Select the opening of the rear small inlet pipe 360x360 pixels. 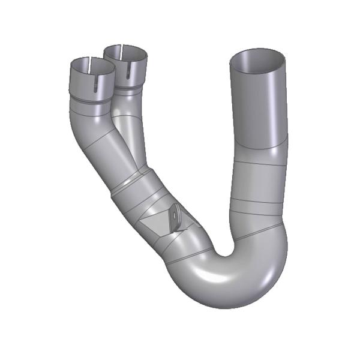[126, 53]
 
